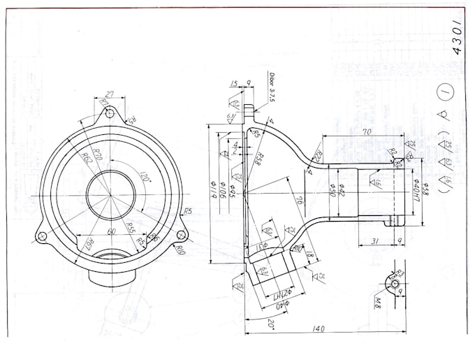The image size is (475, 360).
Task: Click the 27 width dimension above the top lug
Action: [x=108, y=93]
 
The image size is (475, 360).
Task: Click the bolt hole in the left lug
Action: [x=43, y=237]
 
